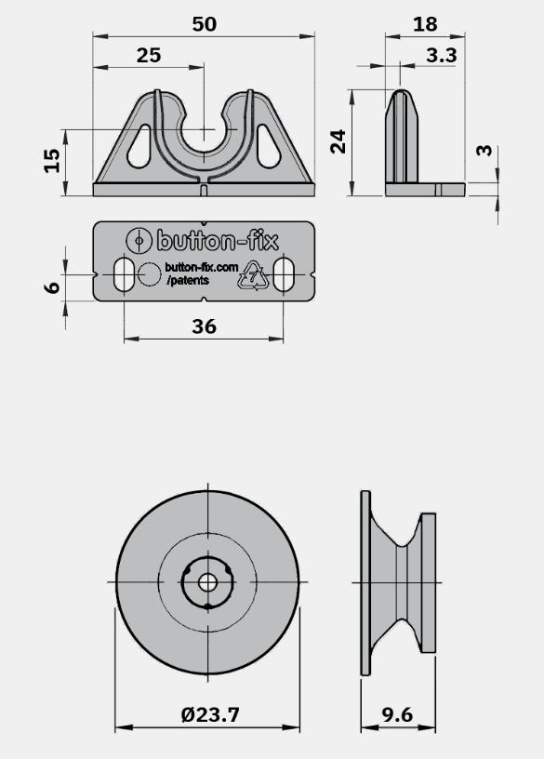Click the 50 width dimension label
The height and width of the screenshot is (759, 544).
205,24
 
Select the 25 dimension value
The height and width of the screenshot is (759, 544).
149,56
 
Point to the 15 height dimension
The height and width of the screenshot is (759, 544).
52,161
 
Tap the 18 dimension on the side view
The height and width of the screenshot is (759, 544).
425,24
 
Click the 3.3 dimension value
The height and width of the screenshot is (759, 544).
442,56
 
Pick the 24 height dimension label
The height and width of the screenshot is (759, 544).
338,141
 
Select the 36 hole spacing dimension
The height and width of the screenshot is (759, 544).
205,326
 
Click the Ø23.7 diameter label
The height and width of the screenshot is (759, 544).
210,715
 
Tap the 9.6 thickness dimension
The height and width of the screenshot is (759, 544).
397,715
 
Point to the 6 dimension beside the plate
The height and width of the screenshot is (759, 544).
52,287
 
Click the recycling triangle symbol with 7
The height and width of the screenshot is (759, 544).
253,276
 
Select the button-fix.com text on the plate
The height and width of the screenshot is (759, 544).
202,267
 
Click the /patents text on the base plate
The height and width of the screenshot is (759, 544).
188,280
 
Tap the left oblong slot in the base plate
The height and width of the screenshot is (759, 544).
125,275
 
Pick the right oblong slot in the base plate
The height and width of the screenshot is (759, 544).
283,275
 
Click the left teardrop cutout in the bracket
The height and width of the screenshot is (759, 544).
139,146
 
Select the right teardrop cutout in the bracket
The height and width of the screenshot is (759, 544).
268,146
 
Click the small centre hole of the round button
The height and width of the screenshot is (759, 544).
207,582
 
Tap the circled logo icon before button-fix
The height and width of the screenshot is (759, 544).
139,241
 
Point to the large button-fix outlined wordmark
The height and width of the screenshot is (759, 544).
218,241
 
